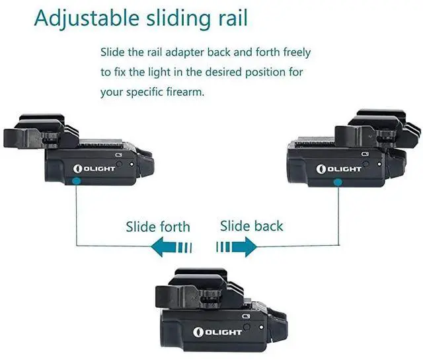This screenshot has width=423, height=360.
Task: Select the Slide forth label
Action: [x=158, y=227]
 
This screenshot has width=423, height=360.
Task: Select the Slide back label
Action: [x=251, y=226]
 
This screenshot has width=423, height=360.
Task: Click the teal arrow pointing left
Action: [x=171, y=248]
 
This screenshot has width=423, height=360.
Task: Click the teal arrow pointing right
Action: [x=237, y=247]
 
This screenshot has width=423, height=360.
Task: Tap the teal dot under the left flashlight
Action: [x=77, y=179]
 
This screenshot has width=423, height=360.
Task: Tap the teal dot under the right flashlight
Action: [x=339, y=181]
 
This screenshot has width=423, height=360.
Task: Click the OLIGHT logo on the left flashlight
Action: [x=95, y=168]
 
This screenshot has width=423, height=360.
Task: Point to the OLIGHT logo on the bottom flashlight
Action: [x=218, y=330]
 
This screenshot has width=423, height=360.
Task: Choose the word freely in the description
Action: [x=294, y=52]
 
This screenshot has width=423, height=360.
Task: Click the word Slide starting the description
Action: [x=112, y=52]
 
